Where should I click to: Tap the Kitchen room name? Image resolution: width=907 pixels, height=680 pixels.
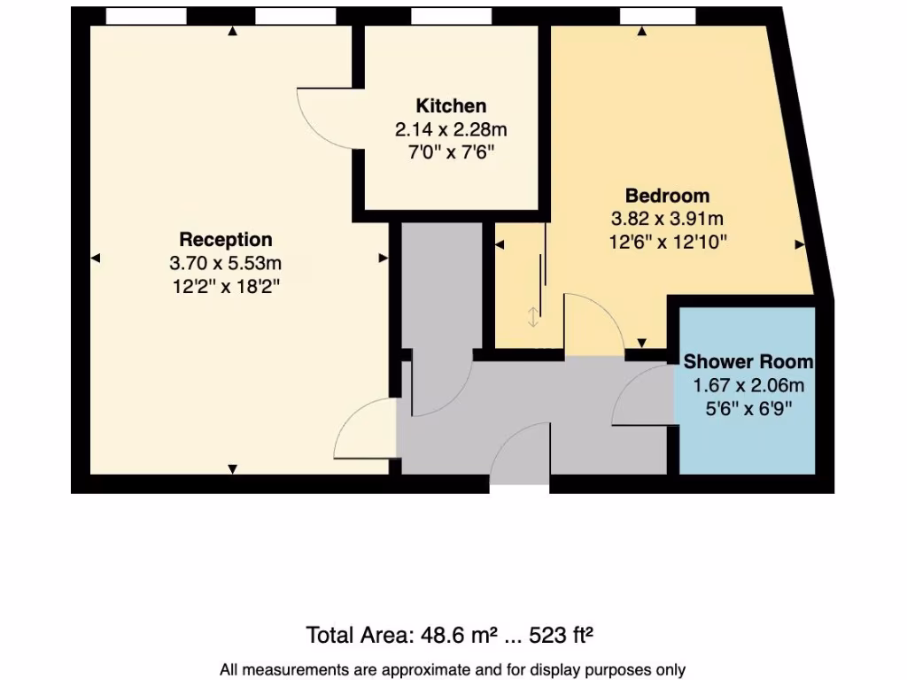click(451, 106)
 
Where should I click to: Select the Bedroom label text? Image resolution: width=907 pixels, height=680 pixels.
click(668, 196)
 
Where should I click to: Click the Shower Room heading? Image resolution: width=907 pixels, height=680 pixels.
click(748, 362)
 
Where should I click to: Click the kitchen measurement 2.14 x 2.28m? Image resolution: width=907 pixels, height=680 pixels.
click(451, 129)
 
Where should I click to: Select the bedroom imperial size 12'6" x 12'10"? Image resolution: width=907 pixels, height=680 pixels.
click(668, 241)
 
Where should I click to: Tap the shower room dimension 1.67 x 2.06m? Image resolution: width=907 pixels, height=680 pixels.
click(748, 385)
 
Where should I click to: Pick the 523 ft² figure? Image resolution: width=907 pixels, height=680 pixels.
click(561, 635)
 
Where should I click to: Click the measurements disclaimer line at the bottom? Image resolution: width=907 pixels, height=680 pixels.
click(453, 670)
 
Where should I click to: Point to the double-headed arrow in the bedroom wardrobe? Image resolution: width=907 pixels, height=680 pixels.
click(532, 317)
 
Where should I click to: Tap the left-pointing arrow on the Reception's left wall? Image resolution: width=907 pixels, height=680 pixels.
click(96, 258)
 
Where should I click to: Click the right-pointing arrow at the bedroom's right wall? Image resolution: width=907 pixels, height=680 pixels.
click(800, 244)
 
